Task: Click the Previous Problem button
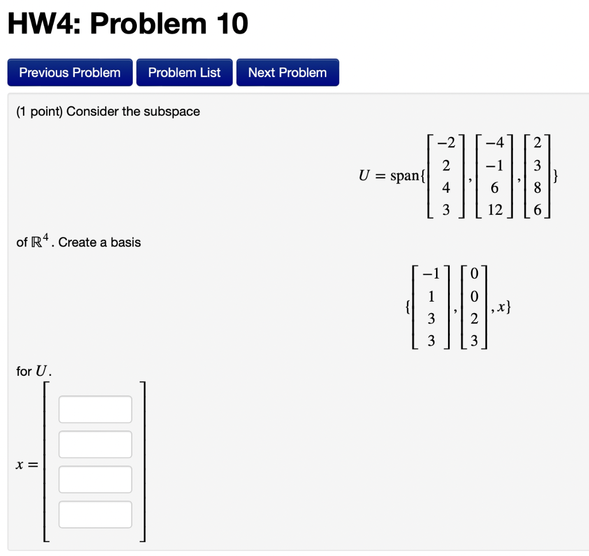[70, 73]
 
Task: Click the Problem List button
[184, 73]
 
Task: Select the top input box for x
[95, 409]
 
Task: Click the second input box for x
[95, 444]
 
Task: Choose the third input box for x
[95, 479]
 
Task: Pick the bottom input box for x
[95, 515]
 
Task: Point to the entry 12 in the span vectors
[495, 210]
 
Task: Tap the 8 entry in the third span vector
[537, 188]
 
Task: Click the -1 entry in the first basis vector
[431, 274]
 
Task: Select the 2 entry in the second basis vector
[473, 319]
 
